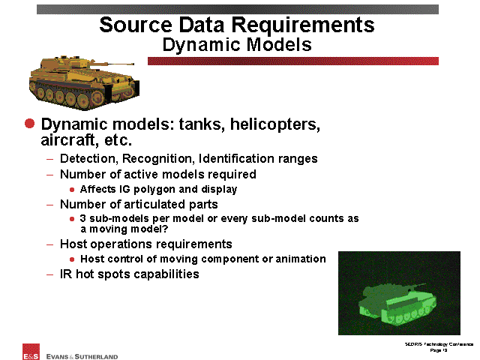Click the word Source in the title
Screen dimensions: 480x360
point(136,25)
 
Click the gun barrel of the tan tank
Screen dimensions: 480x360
point(112,64)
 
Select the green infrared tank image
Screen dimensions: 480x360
point(399,293)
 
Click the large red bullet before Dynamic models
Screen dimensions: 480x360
point(30,123)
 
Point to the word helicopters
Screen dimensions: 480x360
point(275,124)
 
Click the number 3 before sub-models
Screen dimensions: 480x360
point(82,218)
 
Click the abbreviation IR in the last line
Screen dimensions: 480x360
point(66,274)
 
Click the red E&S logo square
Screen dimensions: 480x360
point(31,352)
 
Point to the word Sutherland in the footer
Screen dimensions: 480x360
point(96,357)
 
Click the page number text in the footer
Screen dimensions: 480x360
point(439,350)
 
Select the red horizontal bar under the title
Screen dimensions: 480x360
point(293,61)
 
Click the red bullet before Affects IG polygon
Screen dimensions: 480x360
point(72,190)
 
